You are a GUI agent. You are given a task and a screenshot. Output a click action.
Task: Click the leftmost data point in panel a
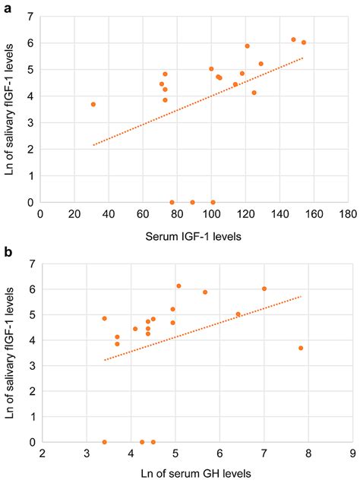coord(93,104)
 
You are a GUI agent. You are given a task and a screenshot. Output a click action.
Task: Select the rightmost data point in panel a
coord(304,43)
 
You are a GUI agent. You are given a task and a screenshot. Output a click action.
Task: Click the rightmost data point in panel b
coord(301,348)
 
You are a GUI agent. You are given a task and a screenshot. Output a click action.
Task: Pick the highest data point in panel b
coord(178,286)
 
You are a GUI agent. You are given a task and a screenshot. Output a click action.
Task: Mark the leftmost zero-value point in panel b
coord(104,442)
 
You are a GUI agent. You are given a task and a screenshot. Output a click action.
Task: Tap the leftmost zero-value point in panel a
coord(172,203)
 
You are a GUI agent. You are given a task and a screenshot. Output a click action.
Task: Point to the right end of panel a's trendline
coord(304,58)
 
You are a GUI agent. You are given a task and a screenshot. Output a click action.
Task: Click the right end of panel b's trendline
coord(302,296)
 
